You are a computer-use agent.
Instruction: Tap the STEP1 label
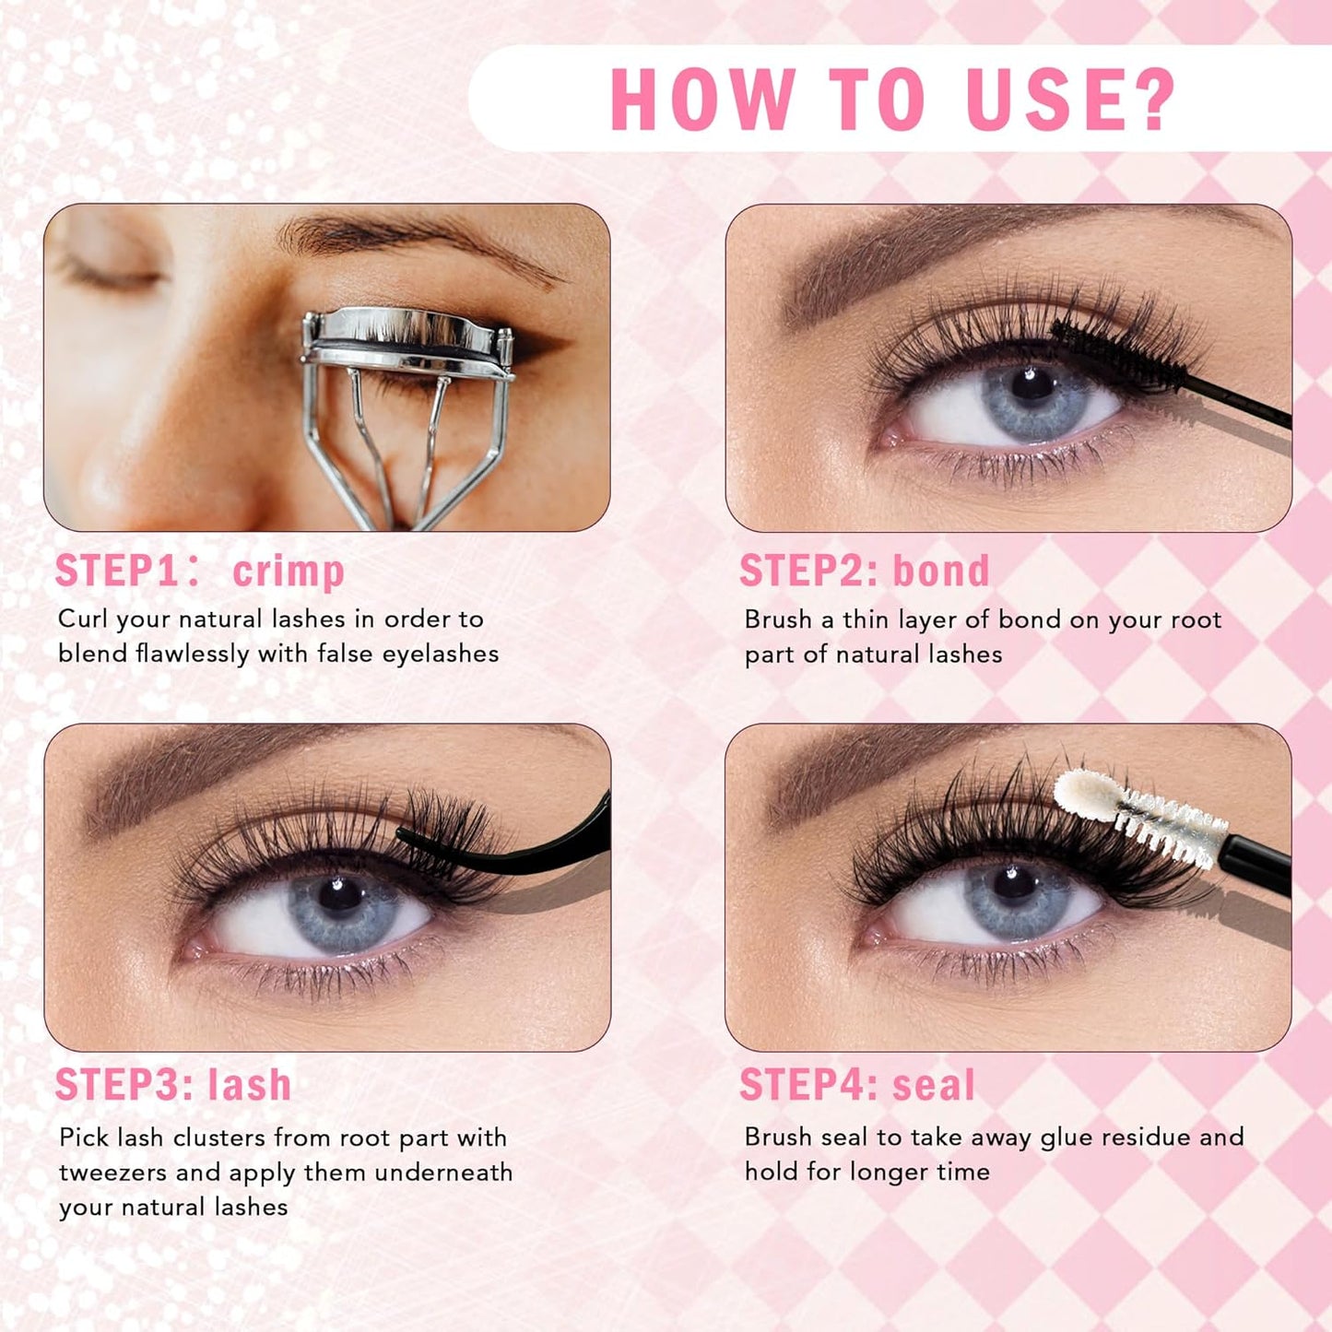click(x=117, y=571)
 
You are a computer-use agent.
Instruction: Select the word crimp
click(x=289, y=572)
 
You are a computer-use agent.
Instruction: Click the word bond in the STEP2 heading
click(x=941, y=571)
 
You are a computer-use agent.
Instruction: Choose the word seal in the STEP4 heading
click(x=933, y=1084)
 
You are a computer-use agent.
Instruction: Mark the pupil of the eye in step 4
click(x=1014, y=885)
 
